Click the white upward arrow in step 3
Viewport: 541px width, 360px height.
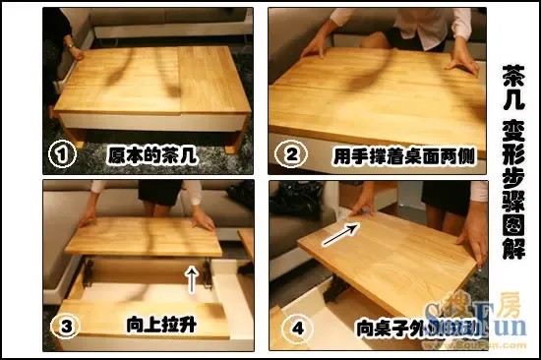pyautogui.click(x=191, y=277)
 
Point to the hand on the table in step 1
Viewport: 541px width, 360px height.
pyautogui.click(x=73, y=50)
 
